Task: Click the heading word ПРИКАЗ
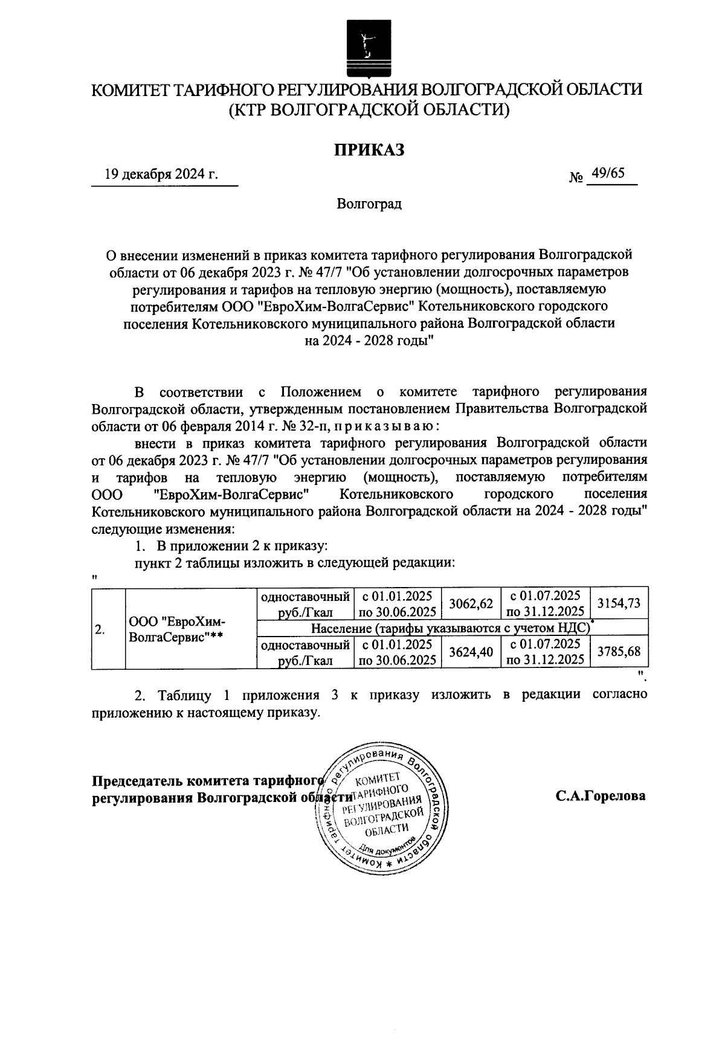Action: (x=369, y=149)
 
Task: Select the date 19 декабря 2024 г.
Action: (x=161, y=175)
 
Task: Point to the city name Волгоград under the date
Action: (x=369, y=204)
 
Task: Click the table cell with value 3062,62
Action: (x=471, y=603)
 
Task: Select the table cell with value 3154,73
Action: (x=619, y=603)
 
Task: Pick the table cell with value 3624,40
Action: (x=471, y=652)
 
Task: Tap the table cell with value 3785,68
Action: (x=619, y=652)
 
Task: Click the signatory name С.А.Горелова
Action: (x=601, y=796)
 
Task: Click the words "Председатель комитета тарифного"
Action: (x=205, y=780)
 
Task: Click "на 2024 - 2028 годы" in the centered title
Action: (x=369, y=341)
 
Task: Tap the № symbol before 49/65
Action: (x=576, y=178)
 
